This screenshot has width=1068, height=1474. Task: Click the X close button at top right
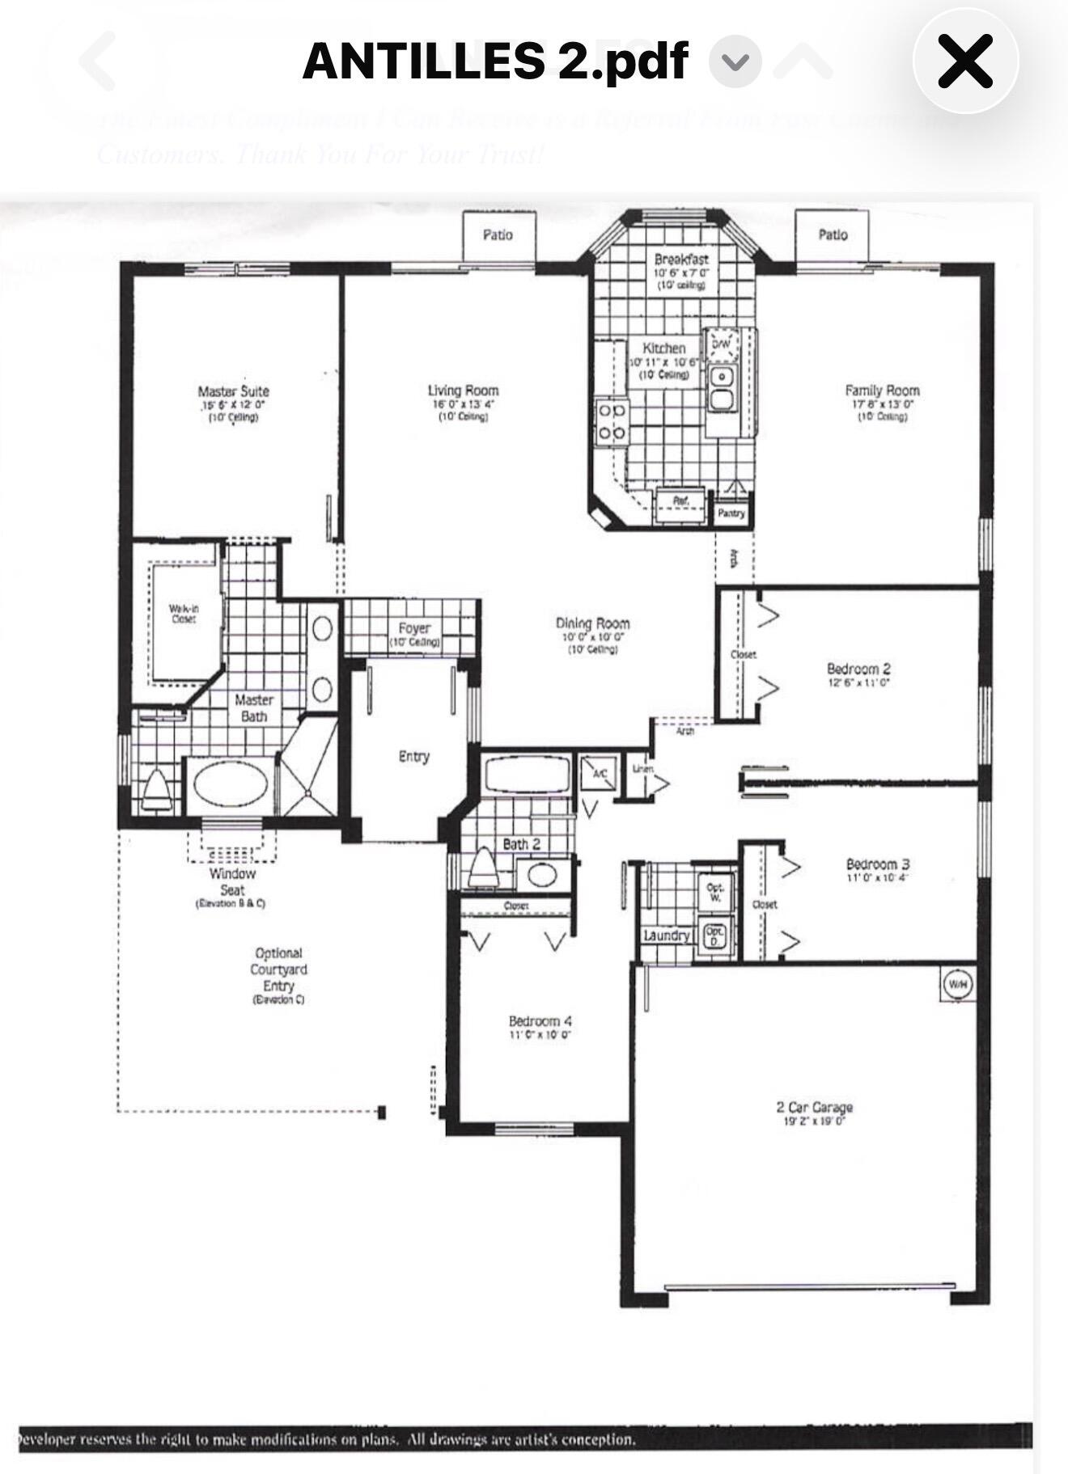coord(964,61)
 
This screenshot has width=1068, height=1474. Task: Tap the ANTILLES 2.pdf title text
coord(495,61)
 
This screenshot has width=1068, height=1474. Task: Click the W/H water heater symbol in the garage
coord(957,984)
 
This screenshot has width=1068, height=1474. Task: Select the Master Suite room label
coord(233,391)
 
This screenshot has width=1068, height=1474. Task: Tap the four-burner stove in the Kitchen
coord(612,422)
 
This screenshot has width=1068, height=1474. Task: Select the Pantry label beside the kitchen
coord(731,513)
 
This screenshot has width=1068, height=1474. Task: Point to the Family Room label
coord(882,391)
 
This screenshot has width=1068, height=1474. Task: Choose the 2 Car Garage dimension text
coord(814,1121)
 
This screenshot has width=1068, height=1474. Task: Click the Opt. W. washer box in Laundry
coord(715,892)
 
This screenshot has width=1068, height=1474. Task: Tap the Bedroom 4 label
coord(540,1020)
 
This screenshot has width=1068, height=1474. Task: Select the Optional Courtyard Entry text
coord(278,970)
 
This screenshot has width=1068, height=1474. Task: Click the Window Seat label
coord(232,881)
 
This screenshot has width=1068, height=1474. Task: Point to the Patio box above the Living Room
coord(498,235)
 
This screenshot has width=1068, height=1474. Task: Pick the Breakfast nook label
coord(681,260)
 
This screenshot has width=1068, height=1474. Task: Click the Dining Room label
coord(592,623)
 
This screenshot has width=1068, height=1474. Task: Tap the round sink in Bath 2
coord(541,875)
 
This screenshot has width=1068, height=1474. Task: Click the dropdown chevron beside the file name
coord(735,61)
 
